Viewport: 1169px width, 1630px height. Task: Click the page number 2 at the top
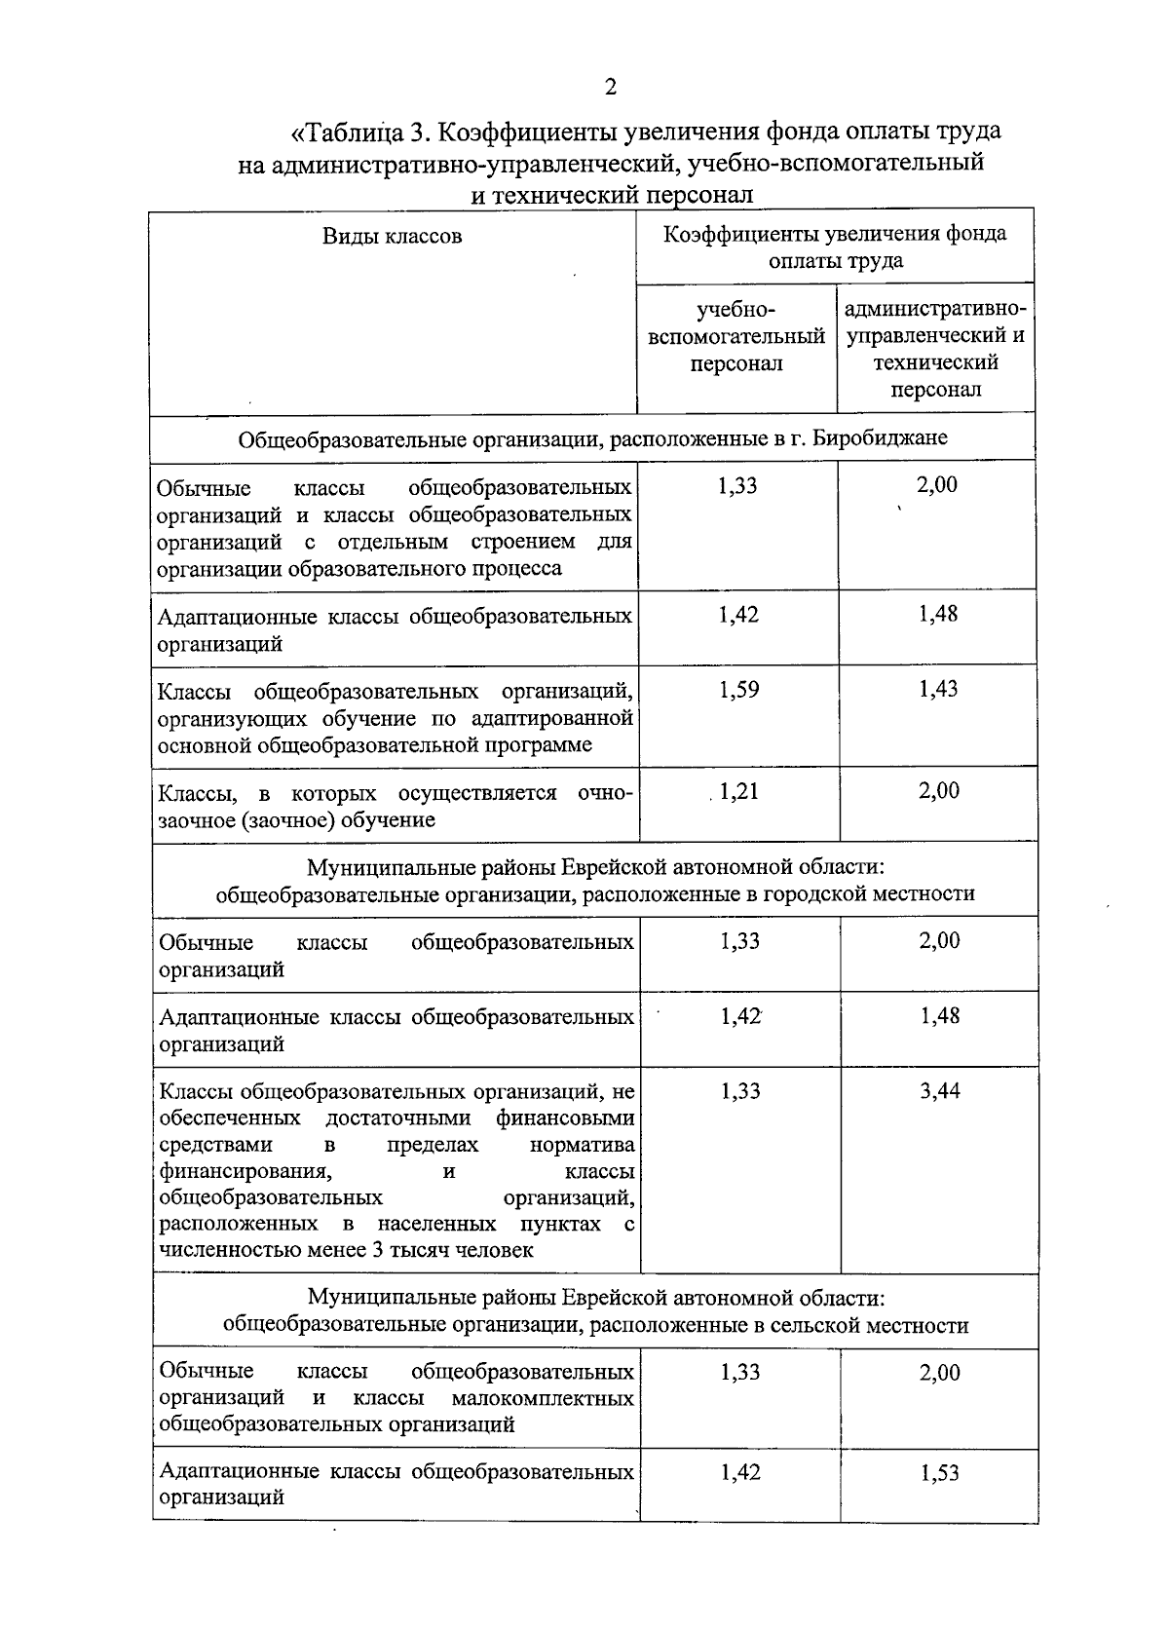(x=611, y=89)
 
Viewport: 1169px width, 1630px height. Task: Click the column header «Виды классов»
(x=393, y=236)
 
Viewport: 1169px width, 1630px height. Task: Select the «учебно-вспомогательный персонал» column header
(x=736, y=337)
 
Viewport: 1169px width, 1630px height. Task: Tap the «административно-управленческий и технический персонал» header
(x=935, y=350)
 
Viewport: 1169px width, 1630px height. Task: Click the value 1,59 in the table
(x=738, y=691)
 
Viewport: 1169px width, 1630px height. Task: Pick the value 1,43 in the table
(x=938, y=690)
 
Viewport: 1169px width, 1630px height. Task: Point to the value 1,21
(x=738, y=792)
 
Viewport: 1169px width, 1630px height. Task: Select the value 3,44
(x=940, y=1091)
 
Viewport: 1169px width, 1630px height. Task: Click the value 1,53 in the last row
(x=940, y=1473)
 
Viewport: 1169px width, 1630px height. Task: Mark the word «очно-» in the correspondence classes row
(x=605, y=793)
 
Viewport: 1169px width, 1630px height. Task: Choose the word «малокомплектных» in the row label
(x=544, y=1399)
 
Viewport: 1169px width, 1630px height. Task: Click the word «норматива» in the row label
(x=582, y=1145)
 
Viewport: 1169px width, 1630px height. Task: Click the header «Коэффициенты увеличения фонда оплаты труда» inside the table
(x=835, y=247)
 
